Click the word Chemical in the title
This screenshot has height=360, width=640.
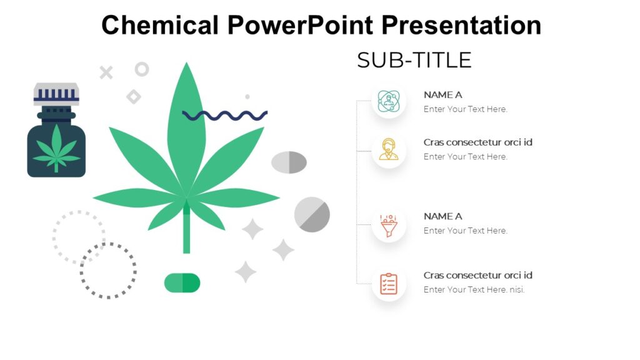160,26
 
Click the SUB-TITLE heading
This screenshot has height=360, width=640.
414,61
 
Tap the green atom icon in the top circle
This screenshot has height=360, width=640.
389,101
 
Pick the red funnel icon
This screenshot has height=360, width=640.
389,224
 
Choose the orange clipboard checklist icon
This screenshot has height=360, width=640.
389,284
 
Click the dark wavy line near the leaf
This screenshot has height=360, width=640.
225,115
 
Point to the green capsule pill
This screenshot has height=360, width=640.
182,282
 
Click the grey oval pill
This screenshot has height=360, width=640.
289,162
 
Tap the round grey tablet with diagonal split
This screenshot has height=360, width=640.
312,214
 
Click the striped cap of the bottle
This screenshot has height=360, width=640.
56,94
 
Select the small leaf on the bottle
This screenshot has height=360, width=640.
56,148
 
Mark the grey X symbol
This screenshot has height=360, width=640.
106,72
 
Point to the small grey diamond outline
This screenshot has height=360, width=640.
133,97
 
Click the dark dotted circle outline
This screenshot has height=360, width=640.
108,270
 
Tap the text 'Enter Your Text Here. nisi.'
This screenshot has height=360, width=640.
474,289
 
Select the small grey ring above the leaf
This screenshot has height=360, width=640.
142,69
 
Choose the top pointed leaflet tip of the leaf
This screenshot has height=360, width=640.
186,67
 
